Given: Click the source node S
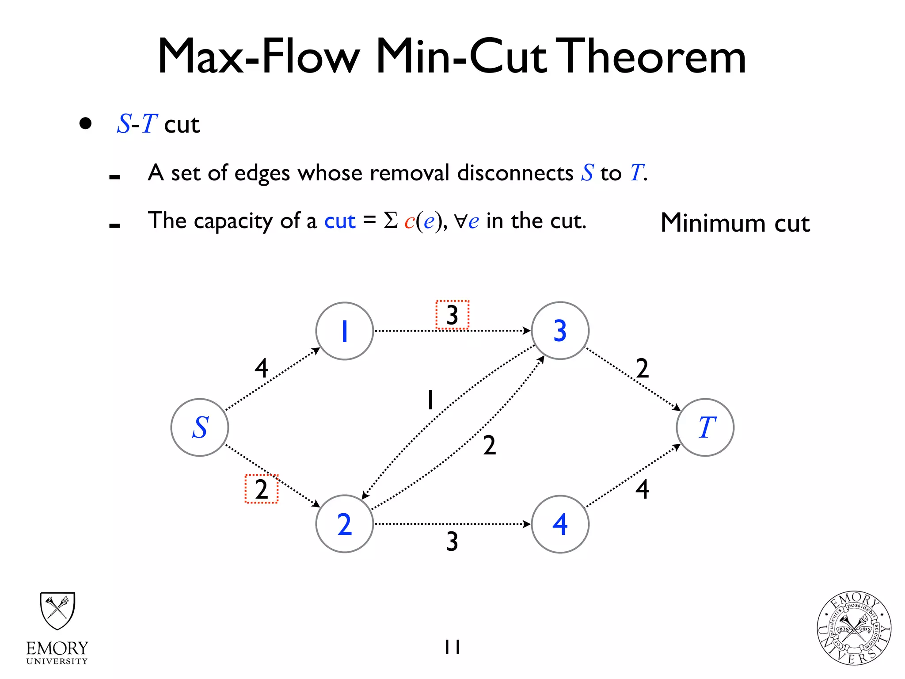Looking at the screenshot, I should coord(200,427).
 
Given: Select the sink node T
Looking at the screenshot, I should coord(705,427).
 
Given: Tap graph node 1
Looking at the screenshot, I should coord(345,331).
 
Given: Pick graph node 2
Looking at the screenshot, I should coord(345,524).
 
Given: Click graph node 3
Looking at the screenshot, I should coord(560,331).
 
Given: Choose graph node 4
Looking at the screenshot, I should coord(560,524).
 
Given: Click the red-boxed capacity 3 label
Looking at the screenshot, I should coord(452,315).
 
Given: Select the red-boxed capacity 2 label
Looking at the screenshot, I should coord(262,489).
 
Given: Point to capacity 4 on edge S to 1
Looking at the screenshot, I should coord(262,368).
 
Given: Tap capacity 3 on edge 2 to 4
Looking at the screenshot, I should coord(452,541).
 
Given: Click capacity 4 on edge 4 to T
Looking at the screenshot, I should coord(642,489).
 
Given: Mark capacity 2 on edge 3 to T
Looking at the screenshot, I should coord(642,368).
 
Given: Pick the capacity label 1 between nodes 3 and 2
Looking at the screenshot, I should coord(430,400).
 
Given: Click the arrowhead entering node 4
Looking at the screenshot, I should coord(527,524).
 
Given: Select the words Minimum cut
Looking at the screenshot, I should coord(735,223).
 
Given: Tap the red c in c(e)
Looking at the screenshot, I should coord(409,221).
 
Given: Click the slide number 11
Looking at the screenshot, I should coord(452,647).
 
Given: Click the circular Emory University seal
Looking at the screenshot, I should coord(854,628).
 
